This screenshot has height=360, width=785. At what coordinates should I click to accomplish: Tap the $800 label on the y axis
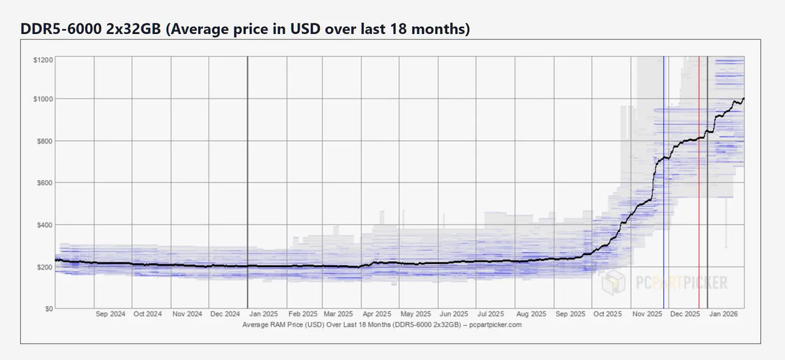coord(43,141)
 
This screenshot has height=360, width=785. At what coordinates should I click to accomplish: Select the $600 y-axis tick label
coord(43,183)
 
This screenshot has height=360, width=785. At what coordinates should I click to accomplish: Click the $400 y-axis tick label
coord(43,225)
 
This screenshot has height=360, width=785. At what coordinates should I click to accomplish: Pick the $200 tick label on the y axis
coord(43,266)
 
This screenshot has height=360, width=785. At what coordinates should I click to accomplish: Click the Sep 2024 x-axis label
coord(110,314)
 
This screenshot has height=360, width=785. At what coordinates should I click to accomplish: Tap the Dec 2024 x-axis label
coord(226,314)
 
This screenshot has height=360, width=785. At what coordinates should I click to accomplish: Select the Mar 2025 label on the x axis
coord(339,314)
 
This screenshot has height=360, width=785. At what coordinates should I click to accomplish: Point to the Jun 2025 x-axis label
coord(454,314)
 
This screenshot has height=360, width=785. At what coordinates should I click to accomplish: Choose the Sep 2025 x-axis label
coord(569,314)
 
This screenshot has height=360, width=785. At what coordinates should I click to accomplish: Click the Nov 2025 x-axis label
coord(645,314)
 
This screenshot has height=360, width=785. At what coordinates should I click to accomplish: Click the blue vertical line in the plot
coord(664,196)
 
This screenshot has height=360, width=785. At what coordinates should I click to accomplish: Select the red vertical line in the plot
coord(699,196)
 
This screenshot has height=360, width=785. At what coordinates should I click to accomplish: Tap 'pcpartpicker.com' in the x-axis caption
coord(496,324)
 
